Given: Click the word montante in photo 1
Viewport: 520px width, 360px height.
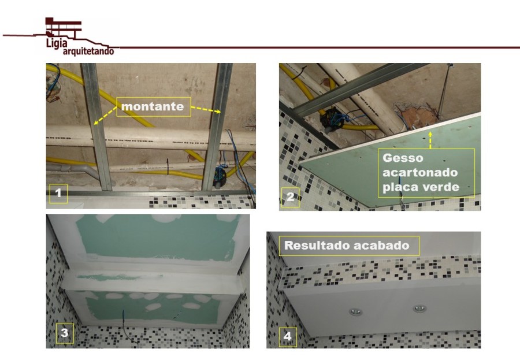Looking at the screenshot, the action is [x=153, y=106].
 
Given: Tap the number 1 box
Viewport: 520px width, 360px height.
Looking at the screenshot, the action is [x=58, y=193].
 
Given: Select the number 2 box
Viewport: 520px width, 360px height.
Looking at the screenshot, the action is [x=290, y=197].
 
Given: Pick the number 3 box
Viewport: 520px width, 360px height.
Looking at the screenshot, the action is [x=64, y=333].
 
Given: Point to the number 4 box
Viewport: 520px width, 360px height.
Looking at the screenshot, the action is [x=288, y=337].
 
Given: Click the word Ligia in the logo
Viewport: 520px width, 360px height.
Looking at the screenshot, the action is [x=57, y=43].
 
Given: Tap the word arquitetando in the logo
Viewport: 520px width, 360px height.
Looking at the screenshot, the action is [x=88, y=51].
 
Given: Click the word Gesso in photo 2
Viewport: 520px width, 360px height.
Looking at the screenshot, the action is [x=403, y=158].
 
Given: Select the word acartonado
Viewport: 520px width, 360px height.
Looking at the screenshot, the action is [x=420, y=173].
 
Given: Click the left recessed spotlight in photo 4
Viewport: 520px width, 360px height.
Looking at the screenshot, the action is [x=355, y=311].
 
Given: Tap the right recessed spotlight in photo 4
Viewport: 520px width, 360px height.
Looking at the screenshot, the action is [x=420, y=309].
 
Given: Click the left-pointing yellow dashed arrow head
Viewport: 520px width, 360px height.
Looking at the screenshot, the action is [x=96, y=123].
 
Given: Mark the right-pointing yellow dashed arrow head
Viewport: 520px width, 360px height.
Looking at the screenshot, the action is [x=218, y=112].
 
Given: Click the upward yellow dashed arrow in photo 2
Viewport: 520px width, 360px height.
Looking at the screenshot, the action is [x=430, y=140].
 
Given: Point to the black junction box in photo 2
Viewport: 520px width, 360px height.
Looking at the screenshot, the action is [x=332, y=118].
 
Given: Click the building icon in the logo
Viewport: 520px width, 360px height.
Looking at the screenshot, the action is [x=63, y=28].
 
